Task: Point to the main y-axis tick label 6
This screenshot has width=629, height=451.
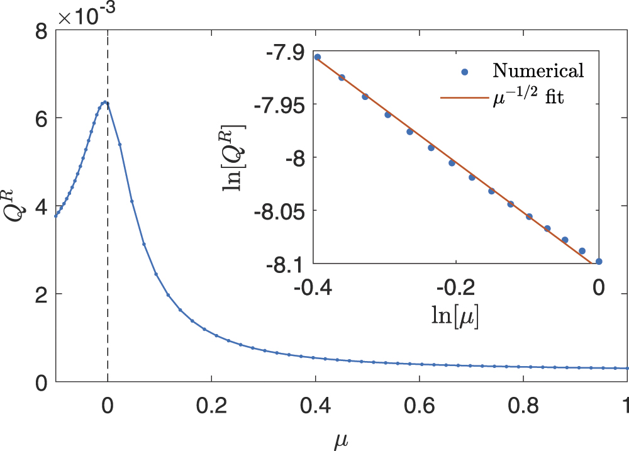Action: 41,118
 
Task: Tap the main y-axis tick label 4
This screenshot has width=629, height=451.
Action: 41,206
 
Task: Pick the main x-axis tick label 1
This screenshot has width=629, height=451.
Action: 624,403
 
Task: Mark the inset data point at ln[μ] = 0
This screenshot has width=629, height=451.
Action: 599,262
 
